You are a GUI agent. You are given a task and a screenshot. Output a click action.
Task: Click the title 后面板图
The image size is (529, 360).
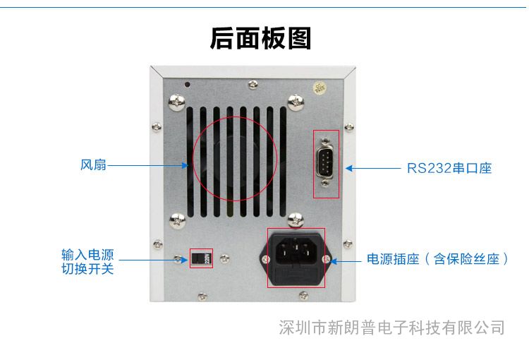click(x=260, y=38)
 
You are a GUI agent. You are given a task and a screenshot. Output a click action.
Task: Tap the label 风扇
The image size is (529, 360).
click(x=93, y=164)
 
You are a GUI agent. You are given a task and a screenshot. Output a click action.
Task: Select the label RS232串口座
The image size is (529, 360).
click(x=449, y=168)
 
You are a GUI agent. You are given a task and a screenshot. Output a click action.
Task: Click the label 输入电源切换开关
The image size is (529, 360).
click(x=87, y=262)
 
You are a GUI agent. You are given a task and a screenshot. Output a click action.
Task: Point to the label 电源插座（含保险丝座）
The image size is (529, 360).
click(x=437, y=259)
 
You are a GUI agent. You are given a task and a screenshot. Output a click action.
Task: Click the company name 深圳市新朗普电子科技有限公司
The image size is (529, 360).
click(x=391, y=328)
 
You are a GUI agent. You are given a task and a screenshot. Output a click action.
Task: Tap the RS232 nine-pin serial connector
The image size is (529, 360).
click(x=324, y=162)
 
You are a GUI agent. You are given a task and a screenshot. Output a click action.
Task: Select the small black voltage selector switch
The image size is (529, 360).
click(x=201, y=258)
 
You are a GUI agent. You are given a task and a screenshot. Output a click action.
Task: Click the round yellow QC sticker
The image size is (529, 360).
click(x=320, y=88)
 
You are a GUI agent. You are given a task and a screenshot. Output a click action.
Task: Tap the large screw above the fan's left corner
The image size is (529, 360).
click(x=177, y=102)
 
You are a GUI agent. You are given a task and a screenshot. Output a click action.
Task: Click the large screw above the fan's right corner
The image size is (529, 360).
click(x=296, y=102)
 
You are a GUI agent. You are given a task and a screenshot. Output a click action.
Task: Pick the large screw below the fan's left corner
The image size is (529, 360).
click(x=177, y=221)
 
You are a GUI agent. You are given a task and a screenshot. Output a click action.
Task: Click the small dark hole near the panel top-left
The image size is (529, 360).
click(x=188, y=84)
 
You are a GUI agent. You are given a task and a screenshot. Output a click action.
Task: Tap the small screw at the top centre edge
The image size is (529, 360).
click(x=253, y=84)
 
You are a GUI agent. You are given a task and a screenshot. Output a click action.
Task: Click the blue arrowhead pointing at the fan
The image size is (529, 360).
click(x=185, y=165)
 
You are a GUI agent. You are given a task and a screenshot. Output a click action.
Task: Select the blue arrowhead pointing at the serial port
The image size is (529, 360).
click(x=350, y=168)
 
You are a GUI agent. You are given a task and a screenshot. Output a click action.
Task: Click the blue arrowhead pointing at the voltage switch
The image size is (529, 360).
click(x=184, y=260)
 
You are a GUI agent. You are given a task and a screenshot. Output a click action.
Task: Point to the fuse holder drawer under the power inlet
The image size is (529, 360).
click(x=296, y=275)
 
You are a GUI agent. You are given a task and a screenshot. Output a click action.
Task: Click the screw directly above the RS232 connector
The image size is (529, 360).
click(x=325, y=140)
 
